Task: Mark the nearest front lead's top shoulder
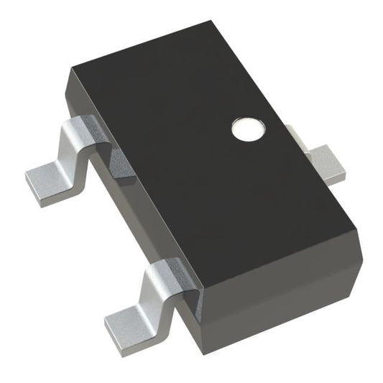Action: (x=170, y=273)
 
